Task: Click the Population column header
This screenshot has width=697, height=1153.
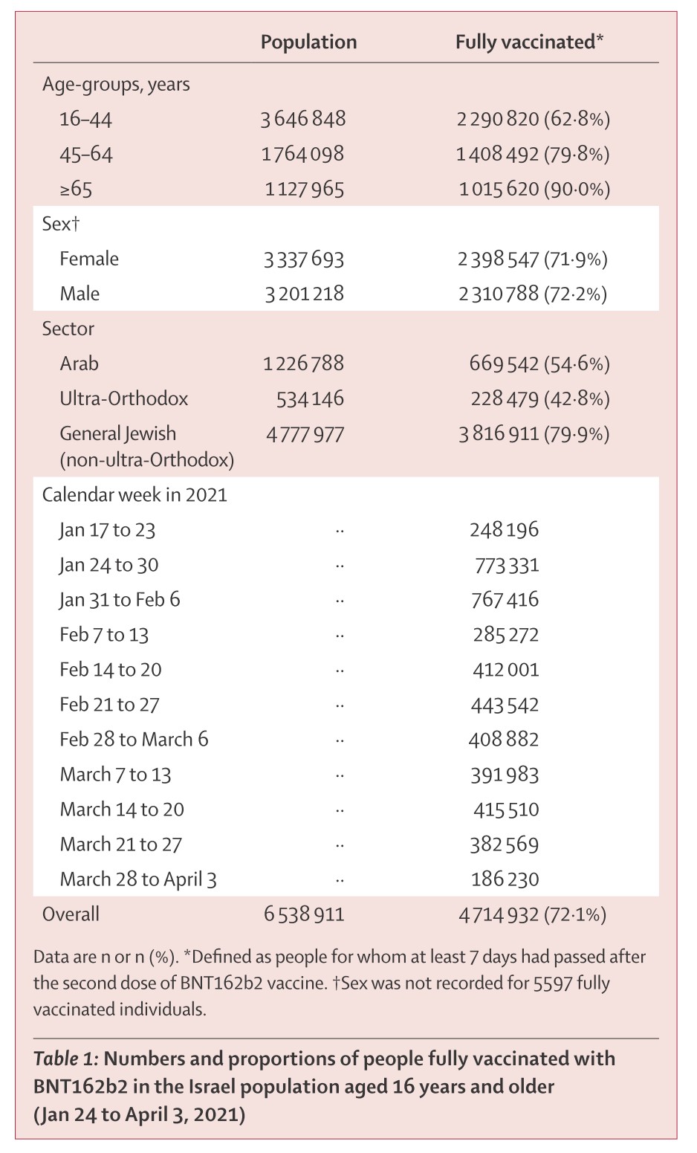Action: [308, 42]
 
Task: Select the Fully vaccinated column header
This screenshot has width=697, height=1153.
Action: [529, 42]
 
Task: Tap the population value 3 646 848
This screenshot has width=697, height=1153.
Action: [303, 120]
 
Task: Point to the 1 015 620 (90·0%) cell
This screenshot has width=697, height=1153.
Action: [534, 190]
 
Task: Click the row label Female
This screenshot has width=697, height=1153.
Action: [89, 259]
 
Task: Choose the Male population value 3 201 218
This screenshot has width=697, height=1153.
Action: [304, 294]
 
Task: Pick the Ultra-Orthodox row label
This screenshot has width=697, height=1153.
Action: [124, 399]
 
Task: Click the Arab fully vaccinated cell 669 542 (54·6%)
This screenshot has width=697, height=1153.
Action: [539, 364]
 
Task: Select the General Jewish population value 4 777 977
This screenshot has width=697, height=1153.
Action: [305, 435]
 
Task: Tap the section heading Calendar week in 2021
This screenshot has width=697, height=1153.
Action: [134, 495]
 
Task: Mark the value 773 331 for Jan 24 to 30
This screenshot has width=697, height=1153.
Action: [507, 566]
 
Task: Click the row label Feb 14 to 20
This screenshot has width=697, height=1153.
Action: [111, 670]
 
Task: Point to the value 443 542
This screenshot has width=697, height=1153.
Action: [505, 705]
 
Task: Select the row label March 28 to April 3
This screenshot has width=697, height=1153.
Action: [138, 879]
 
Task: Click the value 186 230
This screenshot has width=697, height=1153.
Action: [505, 879]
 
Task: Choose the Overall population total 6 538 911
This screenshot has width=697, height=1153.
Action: [304, 914]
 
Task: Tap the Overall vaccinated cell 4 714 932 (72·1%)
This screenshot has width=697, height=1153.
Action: [532, 915]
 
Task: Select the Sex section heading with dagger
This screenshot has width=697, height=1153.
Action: [61, 224]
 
